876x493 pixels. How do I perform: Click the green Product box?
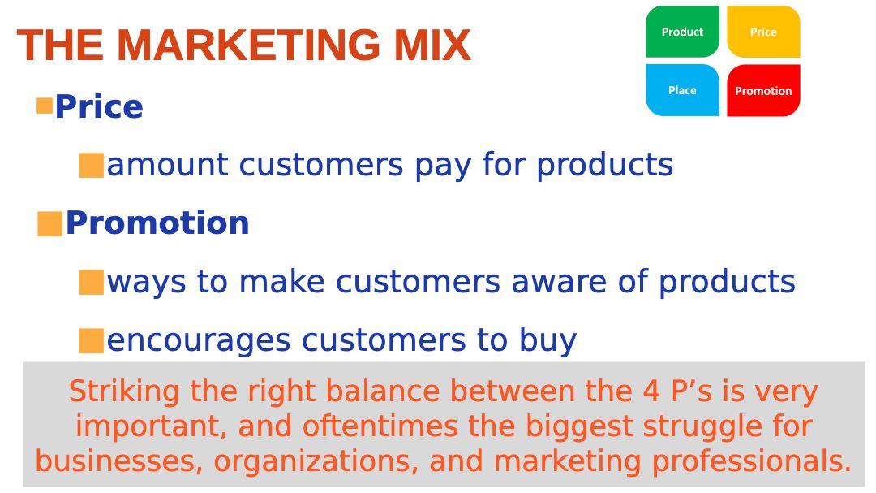pyautogui.click(x=682, y=32)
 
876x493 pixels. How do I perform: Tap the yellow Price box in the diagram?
pyautogui.click(x=763, y=32)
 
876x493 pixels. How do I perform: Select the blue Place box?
pyautogui.click(x=682, y=90)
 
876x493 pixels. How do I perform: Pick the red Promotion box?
pyautogui.click(x=763, y=90)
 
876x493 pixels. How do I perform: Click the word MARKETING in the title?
pyautogui.click(x=248, y=45)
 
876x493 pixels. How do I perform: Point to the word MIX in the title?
pyautogui.click(x=432, y=45)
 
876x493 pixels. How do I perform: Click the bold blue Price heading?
pyautogui.click(x=99, y=106)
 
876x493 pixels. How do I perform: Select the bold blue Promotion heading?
pyautogui.click(x=157, y=223)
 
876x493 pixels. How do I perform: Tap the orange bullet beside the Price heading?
pyautogui.click(x=44, y=106)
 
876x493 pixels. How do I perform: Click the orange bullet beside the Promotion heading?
pyautogui.click(x=49, y=224)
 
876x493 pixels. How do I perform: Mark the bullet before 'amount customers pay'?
pyautogui.click(x=91, y=166)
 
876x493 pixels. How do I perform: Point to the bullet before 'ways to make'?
pyautogui.click(x=91, y=282)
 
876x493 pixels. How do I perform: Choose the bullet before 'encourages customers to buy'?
pyautogui.click(x=91, y=341)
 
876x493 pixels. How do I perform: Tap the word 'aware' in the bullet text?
pyautogui.click(x=559, y=282)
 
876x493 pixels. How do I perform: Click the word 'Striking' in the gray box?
pyautogui.click(x=124, y=391)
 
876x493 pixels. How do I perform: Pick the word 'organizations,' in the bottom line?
pyautogui.click(x=316, y=461)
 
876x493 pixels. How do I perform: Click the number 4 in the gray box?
pyautogui.click(x=651, y=391)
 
